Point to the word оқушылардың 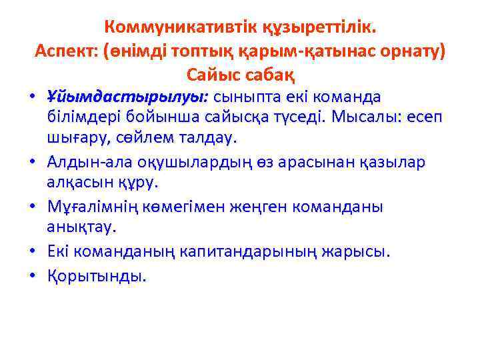pos(199,163)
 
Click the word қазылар pos(388,163)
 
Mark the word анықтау pos(81,227)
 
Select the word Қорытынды pos(95,275)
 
